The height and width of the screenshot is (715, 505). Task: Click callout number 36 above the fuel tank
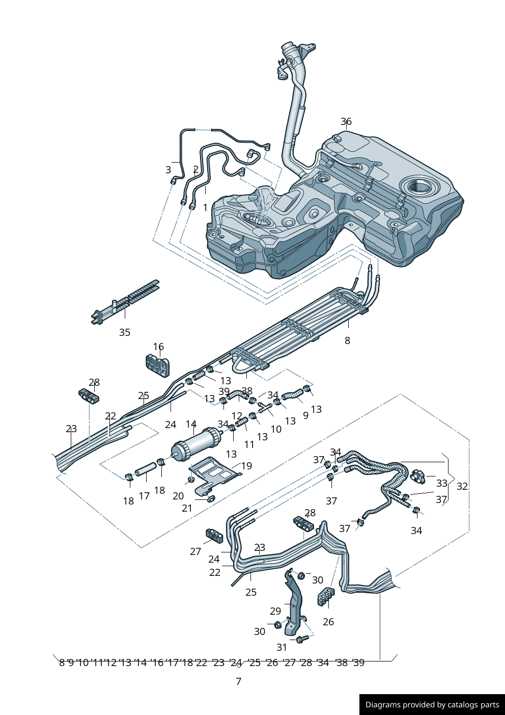[346, 121]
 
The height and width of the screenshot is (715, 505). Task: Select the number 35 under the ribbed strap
[125, 332]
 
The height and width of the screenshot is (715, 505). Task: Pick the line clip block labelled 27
[214, 535]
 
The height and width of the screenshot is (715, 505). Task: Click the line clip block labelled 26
[326, 596]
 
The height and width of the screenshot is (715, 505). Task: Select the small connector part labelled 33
[417, 476]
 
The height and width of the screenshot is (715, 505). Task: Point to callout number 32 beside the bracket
[462, 486]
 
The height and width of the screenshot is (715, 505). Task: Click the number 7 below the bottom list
[238, 681]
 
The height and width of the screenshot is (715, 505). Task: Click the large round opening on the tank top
[419, 186]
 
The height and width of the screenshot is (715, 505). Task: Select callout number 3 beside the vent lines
[168, 170]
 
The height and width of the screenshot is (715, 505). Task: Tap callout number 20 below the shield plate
[178, 496]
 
